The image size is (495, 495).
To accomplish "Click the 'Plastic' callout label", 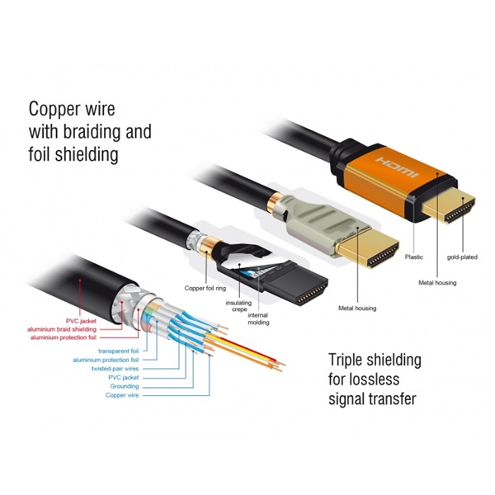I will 414,257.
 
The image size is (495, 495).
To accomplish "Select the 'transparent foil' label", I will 118,350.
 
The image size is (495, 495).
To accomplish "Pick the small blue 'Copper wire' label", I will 122,395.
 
